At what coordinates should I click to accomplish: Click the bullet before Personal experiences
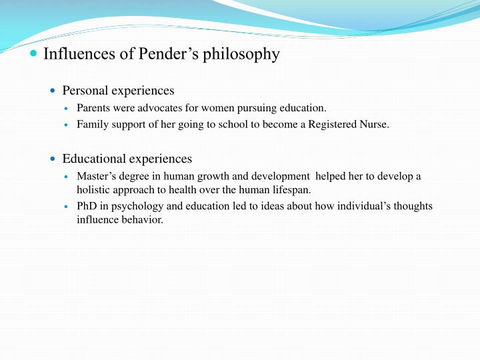pos(54,91)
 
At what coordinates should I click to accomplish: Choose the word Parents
pos(94,107)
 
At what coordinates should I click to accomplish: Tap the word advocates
pos(159,107)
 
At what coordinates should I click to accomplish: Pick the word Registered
pos(331,124)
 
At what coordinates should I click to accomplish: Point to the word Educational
pos(94,159)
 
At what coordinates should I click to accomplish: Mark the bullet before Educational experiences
pos(54,159)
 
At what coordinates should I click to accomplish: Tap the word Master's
pos(97,176)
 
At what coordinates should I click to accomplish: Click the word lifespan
pos(291,189)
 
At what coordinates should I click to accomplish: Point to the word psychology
pos(136,206)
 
